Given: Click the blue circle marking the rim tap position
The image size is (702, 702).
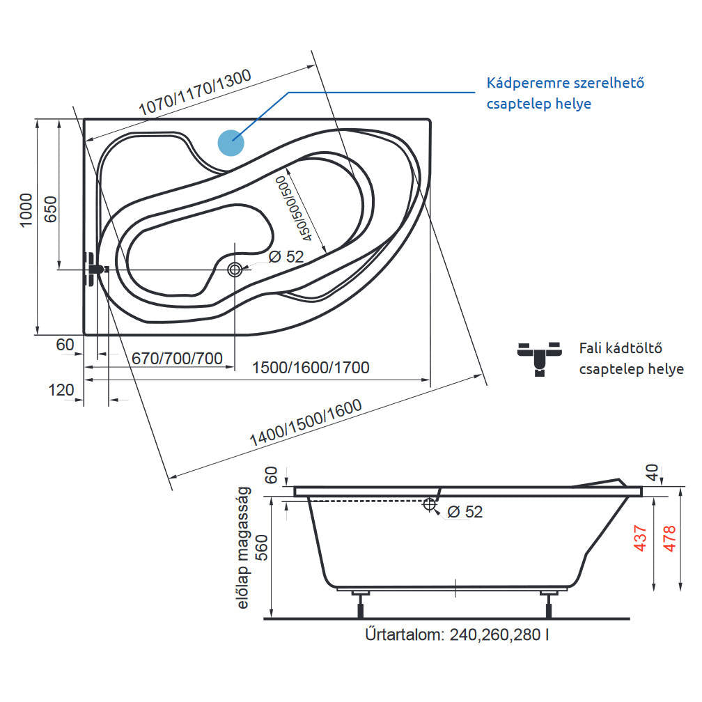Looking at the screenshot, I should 231,142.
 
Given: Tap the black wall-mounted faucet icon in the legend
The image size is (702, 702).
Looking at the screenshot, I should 540,357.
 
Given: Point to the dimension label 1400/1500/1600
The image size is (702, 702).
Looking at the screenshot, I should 306,423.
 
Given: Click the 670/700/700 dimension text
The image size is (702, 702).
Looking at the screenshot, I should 177,359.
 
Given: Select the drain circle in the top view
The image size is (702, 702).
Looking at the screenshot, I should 235,270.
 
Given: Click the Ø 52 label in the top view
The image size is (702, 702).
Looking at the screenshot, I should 286,256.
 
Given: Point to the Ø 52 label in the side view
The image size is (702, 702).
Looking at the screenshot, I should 465,512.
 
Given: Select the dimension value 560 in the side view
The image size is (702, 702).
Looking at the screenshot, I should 263,555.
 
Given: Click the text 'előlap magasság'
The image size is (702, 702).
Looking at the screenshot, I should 243,549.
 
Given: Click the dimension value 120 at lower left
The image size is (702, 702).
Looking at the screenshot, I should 61,390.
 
